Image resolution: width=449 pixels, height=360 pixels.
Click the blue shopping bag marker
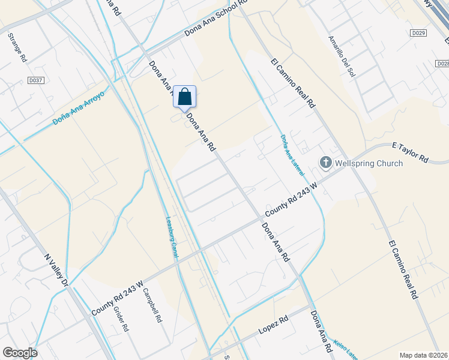[185, 97]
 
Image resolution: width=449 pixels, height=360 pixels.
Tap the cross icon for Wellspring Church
[325, 162]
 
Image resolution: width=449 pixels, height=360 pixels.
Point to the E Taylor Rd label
[409, 153]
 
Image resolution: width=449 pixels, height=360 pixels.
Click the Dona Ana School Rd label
[215, 19]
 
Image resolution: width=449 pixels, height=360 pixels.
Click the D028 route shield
[442, 63]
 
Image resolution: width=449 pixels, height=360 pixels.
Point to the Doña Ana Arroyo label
[78, 108]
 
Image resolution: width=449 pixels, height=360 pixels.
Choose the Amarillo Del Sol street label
[341, 55]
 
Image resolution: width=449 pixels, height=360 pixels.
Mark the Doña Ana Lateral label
[292, 155]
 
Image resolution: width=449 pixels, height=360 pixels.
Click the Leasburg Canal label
[172, 238]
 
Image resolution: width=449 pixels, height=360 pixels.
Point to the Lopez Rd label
[274, 326]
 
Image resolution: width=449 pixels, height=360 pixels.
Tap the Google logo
[20, 353]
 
